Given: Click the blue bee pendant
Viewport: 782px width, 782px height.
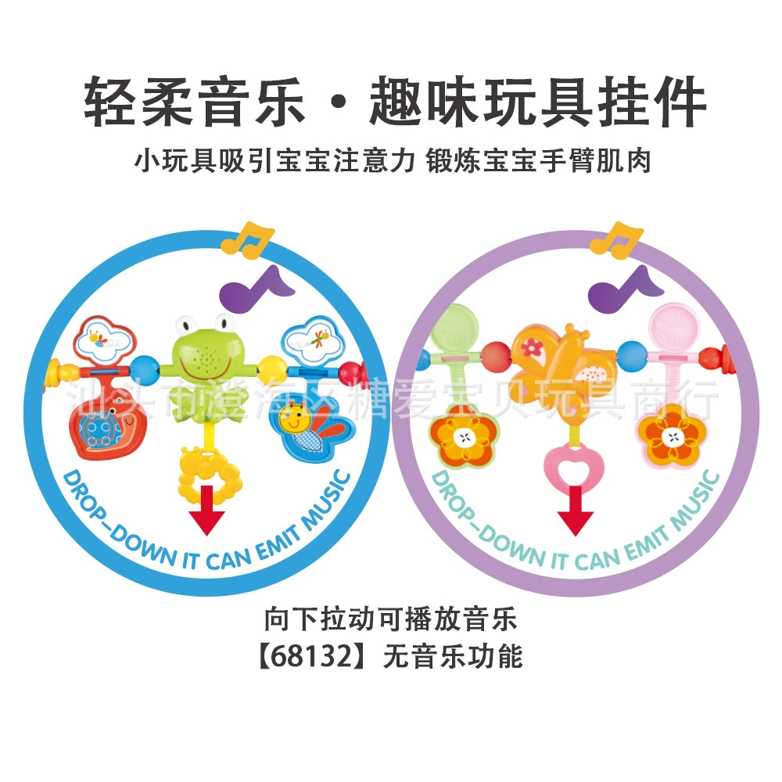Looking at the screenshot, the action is click(x=311, y=427).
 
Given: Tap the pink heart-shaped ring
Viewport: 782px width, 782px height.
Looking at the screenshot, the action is click(x=573, y=468).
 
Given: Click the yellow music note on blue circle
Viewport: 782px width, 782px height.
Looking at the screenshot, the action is click(x=246, y=240).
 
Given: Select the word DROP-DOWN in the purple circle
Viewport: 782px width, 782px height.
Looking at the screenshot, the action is click(x=478, y=518).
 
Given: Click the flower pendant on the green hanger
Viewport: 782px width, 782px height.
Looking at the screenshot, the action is click(x=465, y=439).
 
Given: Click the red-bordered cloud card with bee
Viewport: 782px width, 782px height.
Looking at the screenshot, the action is click(x=106, y=340).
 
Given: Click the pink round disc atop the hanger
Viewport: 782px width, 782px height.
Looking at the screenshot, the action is click(x=673, y=326).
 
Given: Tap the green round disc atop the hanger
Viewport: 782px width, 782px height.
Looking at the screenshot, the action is click(x=455, y=326).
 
